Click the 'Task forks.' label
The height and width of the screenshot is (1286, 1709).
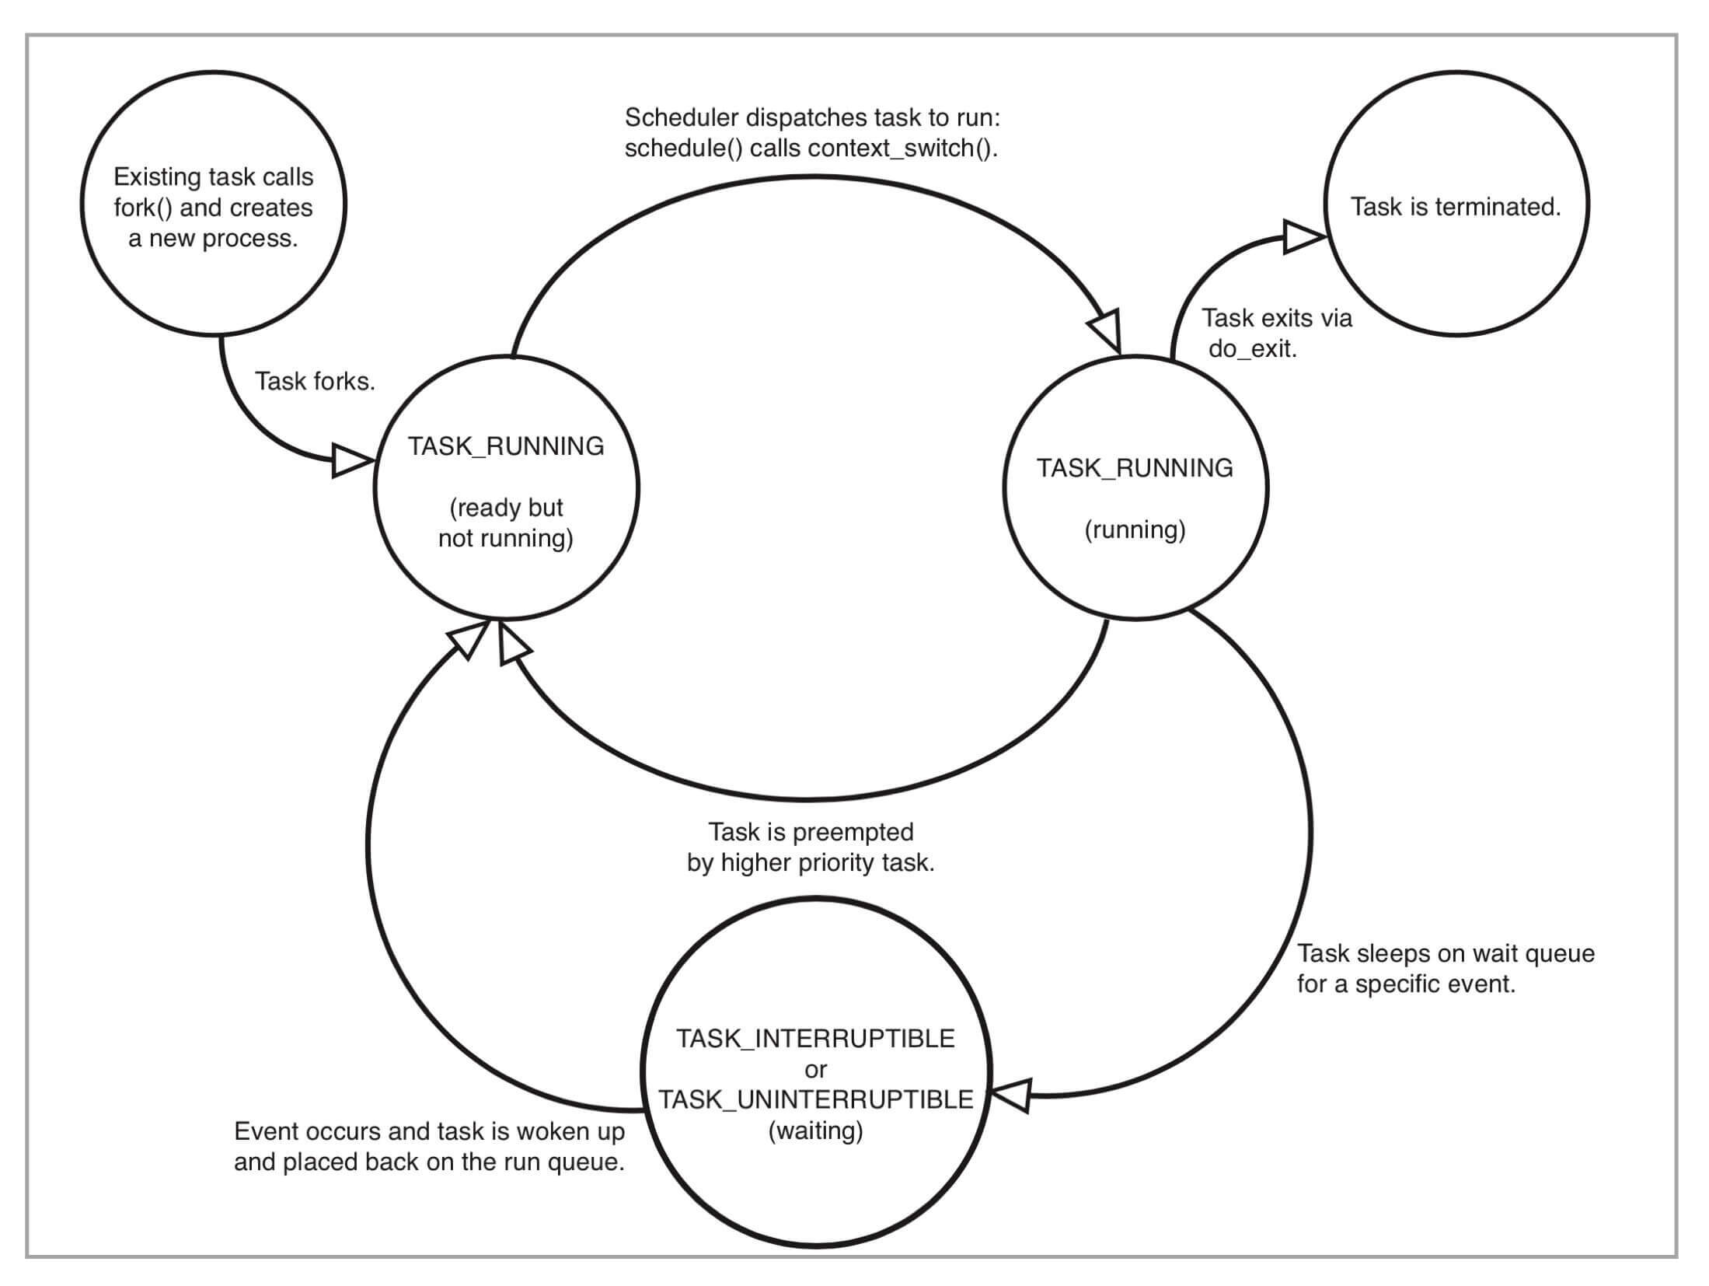pos(315,382)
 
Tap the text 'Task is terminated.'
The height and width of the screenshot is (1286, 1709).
pos(1455,207)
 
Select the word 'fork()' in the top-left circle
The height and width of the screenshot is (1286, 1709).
pos(143,208)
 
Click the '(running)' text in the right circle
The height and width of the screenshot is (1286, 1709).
pos(1135,530)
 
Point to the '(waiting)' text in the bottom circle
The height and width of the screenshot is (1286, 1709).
pos(815,1130)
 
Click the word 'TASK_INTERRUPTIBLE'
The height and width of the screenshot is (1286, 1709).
pos(815,1039)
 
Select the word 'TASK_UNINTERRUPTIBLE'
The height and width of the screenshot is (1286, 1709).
pos(815,1099)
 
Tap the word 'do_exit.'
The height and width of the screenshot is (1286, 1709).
pos(1252,349)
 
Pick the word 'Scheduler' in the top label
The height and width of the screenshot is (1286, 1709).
pos(681,118)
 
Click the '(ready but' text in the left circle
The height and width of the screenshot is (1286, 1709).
pos(506,508)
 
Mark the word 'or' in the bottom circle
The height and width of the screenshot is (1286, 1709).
pos(815,1070)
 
